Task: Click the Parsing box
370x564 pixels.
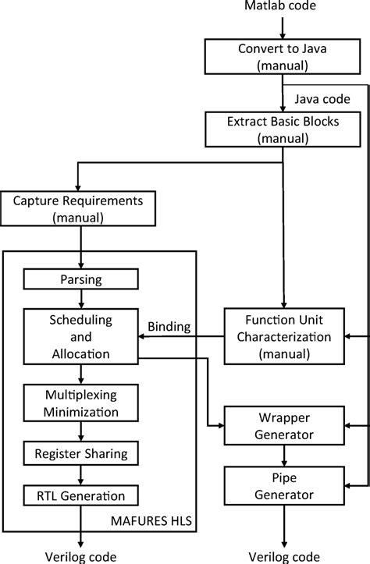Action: (80, 279)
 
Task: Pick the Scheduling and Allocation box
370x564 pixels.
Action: (80, 337)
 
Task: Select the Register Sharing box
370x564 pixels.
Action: (80, 452)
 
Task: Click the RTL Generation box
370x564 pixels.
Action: (80, 495)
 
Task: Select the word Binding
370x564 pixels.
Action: (170, 325)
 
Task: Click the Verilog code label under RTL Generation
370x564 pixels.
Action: (80, 555)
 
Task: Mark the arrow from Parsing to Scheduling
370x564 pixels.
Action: (80, 300)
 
